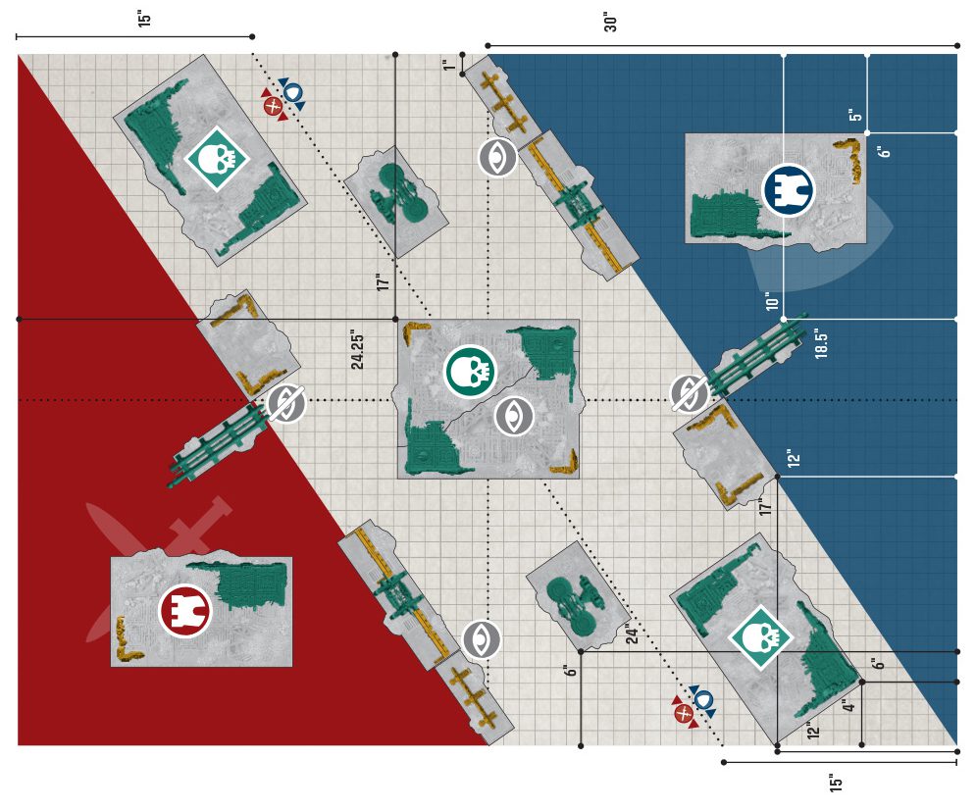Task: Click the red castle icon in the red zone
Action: tap(184, 611)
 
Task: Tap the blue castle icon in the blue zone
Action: tap(789, 190)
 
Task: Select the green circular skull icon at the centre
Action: tap(471, 372)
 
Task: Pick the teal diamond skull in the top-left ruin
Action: tap(217, 159)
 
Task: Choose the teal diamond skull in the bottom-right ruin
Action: tap(760, 636)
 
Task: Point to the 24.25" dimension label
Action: tap(357, 349)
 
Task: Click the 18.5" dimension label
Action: tap(822, 344)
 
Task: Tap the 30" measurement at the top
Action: tap(611, 22)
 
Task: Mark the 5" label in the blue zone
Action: tap(856, 116)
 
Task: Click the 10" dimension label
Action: tap(772, 301)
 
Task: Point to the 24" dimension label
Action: tap(633, 634)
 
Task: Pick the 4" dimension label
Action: tap(849, 706)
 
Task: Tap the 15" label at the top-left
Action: tap(144, 18)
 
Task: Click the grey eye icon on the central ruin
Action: tap(514, 416)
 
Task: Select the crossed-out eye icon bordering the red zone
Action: tap(286, 403)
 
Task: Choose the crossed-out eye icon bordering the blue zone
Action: tap(690, 394)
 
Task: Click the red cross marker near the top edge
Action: tap(273, 106)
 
